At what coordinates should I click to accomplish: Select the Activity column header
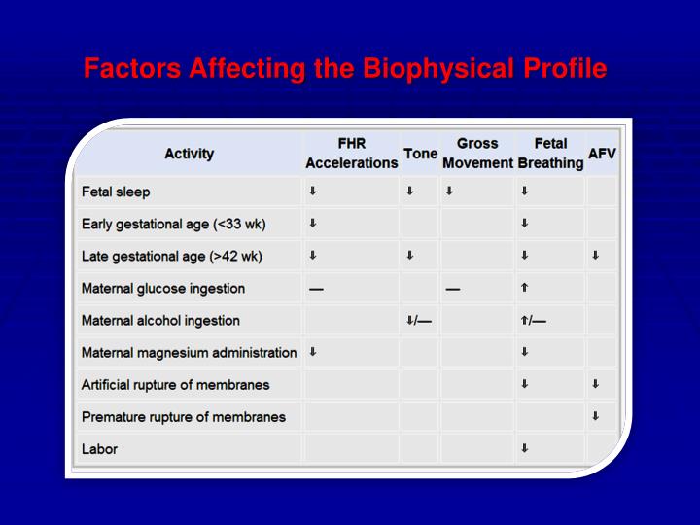[x=189, y=154]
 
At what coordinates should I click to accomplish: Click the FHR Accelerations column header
[x=351, y=154]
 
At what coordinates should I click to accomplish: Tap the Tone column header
[x=420, y=154]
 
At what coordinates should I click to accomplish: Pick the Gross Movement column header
[x=476, y=154]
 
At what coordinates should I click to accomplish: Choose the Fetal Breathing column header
[x=550, y=154]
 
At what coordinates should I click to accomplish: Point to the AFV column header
[x=602, y=154]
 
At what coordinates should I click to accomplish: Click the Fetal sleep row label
[x=116, y=192]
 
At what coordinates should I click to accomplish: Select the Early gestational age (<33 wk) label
[x=173, y=224]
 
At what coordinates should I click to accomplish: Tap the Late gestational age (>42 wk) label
[x=171, y=256]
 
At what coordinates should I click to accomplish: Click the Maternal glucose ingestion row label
[x=162, y=288]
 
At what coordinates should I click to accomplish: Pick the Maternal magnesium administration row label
[x=189, y=352]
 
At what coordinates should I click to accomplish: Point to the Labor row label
[x=98, y=448]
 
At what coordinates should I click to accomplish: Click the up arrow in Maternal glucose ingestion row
[x=524, y=288]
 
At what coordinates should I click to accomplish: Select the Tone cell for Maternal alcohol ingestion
[x=418, y=320]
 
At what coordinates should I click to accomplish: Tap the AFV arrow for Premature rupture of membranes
[x=595, y=416]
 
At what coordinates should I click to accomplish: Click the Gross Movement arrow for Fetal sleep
[x=449, y=192]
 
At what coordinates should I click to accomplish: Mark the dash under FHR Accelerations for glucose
[x=316, y=289]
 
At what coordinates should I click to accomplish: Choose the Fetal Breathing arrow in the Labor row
[x=524, y=448]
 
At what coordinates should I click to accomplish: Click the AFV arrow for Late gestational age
[x=595, y=256]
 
